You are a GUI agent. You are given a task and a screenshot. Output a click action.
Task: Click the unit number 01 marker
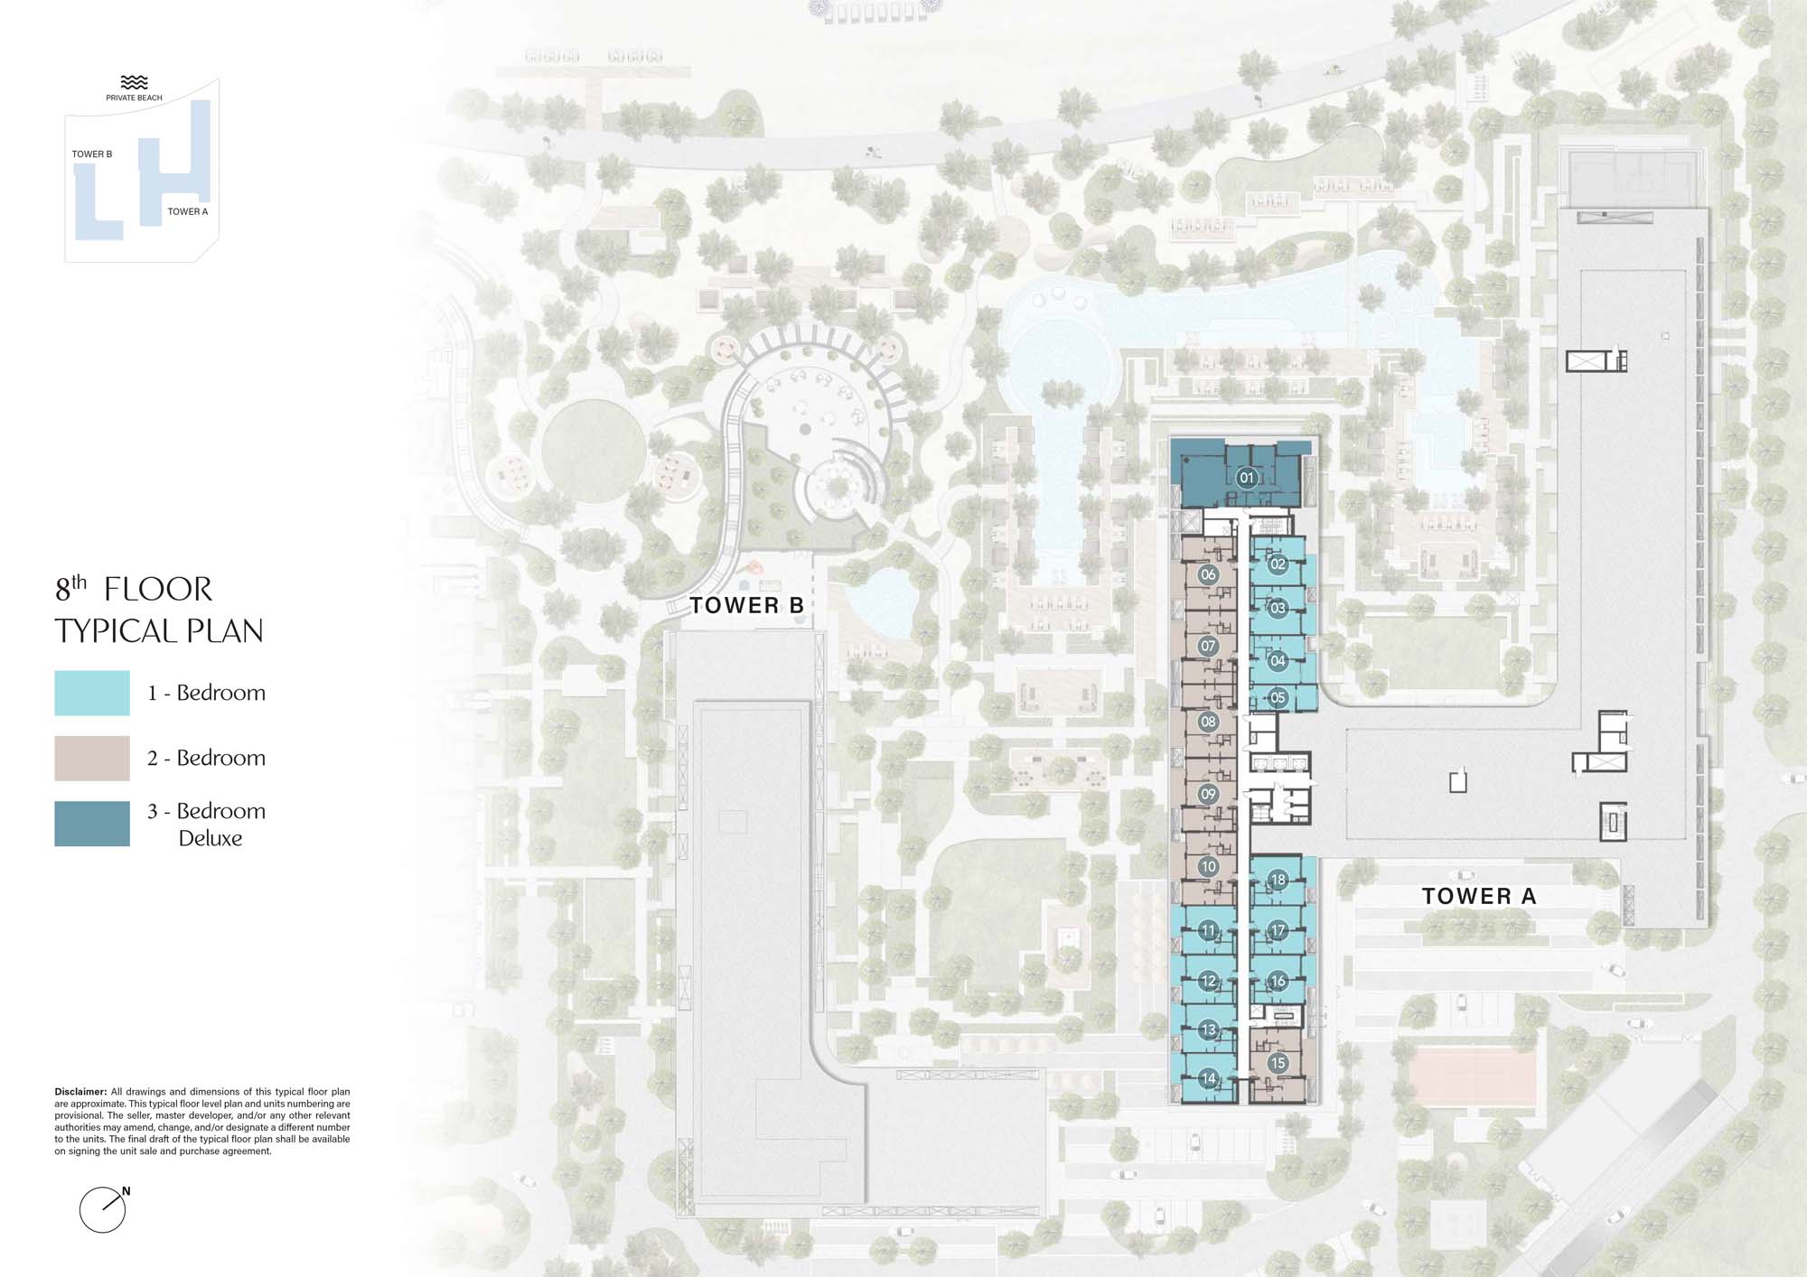pyautogui.click(x=1247, y=478)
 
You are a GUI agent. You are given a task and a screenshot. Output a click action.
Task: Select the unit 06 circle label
pyautogui.click(x=1208, y=574)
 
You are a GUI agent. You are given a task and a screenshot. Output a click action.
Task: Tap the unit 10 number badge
pyautogui.click(x=1208, y=866)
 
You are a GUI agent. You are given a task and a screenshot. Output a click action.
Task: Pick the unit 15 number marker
pyautogui.click(x=1278, y=1063)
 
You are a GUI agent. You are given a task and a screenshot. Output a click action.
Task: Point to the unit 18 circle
pyautogui.click(x=1278, y=879)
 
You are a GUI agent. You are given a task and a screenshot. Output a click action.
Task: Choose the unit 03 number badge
pyautogui.click(x=1278, y=608)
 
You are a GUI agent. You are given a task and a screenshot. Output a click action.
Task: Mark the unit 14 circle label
pyautogui.click(x=1208, y=1077)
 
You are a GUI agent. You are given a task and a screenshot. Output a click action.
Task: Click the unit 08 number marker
pyautogui.click(x=1208, y=722)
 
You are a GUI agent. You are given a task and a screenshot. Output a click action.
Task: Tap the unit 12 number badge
pyautogui.click(x=1208, y=980)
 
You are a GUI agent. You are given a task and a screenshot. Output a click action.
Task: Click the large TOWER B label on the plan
pyautogui.click(x=747, y=605)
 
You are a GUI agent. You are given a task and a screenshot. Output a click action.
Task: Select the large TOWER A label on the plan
pyautogui.click(x=1479, y=896)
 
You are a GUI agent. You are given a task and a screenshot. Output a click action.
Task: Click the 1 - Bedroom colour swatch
pyautogui.click(x=92, y=693)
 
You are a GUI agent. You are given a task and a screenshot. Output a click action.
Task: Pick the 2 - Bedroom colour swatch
pyautogui.click(x=92, y=758)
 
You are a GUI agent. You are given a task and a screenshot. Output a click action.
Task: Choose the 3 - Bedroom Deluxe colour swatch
pyautogui.click(x=92, y=824)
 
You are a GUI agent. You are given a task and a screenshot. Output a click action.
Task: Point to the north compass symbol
pyautogui.click(x=103, y=1209)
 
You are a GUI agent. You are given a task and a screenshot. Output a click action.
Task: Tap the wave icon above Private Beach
pyautogui.click(x=134, y=82)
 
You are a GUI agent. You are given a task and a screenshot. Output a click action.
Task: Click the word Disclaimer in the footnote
pyautogui.click(x=80, y=1092)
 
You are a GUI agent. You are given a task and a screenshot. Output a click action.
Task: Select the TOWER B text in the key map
pyautogui.click(x=92, y=154)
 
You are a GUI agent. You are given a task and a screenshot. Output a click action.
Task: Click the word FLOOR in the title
pyautogui.click(x=158, y=590)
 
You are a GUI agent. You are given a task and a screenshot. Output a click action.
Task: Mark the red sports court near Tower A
pyautogui.click(x=1473, y=1077)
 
